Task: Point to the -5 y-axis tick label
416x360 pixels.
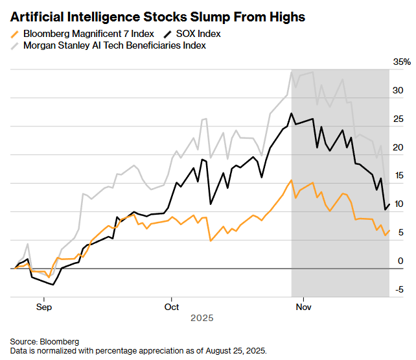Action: pos(400,289)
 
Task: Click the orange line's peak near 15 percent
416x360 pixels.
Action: pos(292,180)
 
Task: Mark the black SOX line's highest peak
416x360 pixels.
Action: pos(292,114)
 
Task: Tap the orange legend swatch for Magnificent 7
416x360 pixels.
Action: pos(16,33)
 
